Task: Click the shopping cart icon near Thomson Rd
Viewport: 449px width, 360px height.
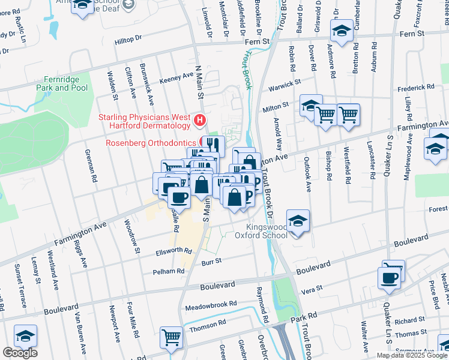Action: [171, 338]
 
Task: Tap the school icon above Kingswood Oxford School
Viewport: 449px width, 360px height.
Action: [297, 221]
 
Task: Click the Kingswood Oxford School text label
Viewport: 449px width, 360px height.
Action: [268, 232]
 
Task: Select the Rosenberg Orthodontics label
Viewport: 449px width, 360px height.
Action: [151, 143]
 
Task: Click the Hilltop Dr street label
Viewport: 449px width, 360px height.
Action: [128, 38]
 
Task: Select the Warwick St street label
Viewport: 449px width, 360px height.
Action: [284, 83]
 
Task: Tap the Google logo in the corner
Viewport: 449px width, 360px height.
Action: [20, 353]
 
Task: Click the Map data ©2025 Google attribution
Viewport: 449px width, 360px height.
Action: [411, 355]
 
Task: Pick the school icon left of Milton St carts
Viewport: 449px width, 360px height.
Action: [311, 106]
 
